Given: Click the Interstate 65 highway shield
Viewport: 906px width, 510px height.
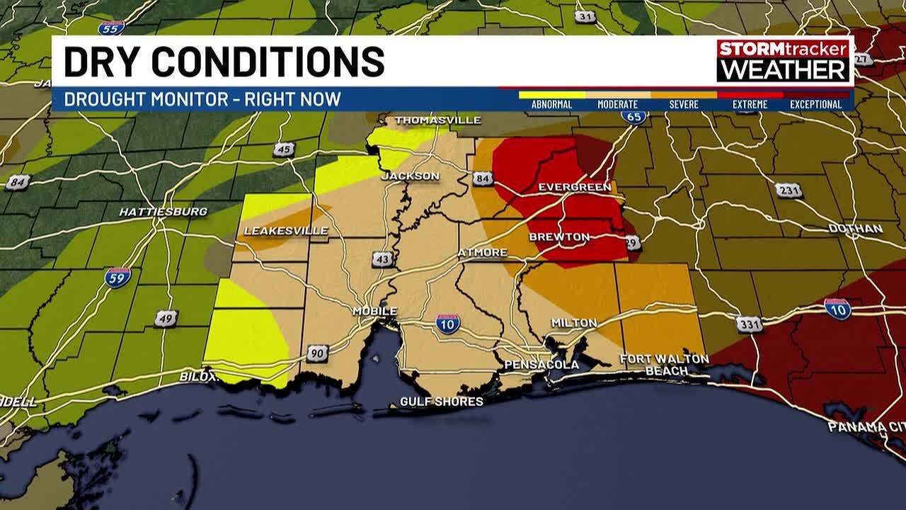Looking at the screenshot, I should pyautogui.click(x=634, y=117).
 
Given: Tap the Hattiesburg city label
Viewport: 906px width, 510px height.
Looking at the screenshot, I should pyautogui.click(x=163, y=212).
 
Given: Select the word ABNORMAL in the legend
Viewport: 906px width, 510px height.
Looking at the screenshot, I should pyautogui.click(x=551, y=105).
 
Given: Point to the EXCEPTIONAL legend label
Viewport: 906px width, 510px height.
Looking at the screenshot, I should pyautogui.click(x=815, y=105).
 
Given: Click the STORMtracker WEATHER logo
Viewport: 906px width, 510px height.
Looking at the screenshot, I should pyautogui.click(x=784, y=60).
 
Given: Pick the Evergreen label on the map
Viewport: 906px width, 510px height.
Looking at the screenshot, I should pyautogui.click(x=574, y=187).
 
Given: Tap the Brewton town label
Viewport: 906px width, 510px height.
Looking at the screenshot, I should pyautogui.click(x=559, y=237).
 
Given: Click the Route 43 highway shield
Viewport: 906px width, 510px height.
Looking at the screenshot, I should pyautogui.click(x=383, y=259).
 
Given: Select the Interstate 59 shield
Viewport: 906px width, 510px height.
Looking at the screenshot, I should pyautogui.click(x=117, y=276).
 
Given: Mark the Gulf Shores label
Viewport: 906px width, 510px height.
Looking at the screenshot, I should pyautogui.click(x=442, y=402).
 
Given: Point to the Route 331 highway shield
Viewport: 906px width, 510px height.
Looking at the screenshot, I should pyautogui.click(x=749, y=324).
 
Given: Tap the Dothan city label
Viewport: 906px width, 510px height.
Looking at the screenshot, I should pyautogui.click(x=856, y=229).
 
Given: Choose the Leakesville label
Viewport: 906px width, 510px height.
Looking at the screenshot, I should pyautogui.click(x=286, y=231).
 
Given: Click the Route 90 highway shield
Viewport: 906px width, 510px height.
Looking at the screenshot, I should pyautogui.click(x=318, y=352).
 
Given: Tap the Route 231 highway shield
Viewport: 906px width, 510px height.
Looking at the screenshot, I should pyautogui.click(x=789, y=190).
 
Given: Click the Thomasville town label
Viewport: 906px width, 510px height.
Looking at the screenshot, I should pyautogui.click(x=437, y=120).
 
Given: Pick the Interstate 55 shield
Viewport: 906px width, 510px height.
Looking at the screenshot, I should pyautogui.click(x=111, y=28).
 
